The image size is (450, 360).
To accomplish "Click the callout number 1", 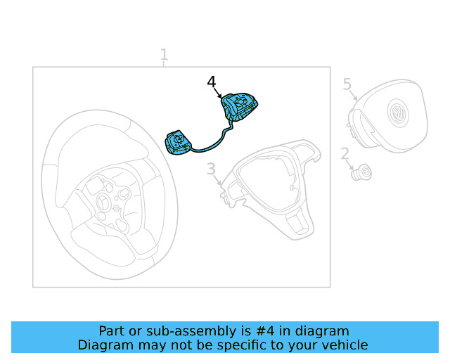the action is point(164,54).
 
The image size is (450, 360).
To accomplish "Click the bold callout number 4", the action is point(212,82).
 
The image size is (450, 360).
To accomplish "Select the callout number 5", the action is point(347,84).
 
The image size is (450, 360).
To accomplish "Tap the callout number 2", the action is point(345,153).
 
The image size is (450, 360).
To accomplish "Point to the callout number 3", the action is point(211,169).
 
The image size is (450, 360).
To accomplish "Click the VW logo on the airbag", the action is point(398,112).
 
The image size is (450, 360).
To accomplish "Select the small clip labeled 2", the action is point(361,172).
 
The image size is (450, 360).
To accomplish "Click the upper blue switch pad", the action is point(239,107).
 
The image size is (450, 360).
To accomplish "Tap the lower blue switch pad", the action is point(178,142).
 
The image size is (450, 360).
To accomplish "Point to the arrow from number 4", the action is point(218,94).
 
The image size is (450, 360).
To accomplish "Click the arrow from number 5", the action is point(354,95).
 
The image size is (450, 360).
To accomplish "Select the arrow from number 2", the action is point(350,165).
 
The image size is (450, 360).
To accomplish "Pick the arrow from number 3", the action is point(217,180).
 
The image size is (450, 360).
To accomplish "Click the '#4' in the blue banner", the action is point(265,331).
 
